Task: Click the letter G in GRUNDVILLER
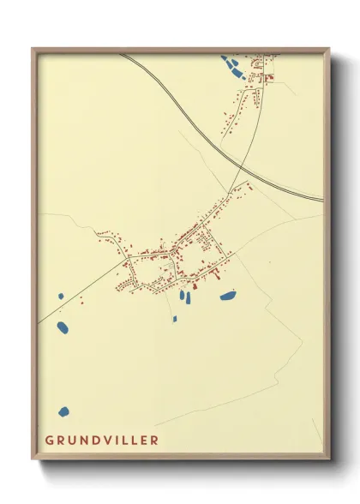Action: pyautogui.click(x=50, y=441)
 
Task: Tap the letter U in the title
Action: pyautogui.click(x=75, y=441)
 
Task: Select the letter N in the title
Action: pyautogui.click(x=87, y=441)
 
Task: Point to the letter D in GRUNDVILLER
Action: pyautogui.click(x=99, y=441)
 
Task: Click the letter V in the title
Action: pyautogui.click(x=112, y=441)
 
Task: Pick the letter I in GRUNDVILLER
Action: pyautogui.click(x=122, y=441)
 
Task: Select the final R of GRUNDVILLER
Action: pyautogui.click(x=154, y=441)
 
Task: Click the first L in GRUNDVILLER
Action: pyautogui.click(x=129, y=441)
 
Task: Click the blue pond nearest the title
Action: pyautogui.click(x=63, y=412)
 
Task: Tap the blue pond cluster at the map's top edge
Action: pyautogui.click(x=231, y=67)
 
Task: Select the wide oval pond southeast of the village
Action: pyautogui.click(x=227, y=297)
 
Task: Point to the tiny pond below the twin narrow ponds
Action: pyautogui.click(x=175, y=319)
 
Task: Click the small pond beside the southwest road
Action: pyautogui.click(x=61, y=297)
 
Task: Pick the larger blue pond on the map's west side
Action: pyautogui.click(x=62, y=327)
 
